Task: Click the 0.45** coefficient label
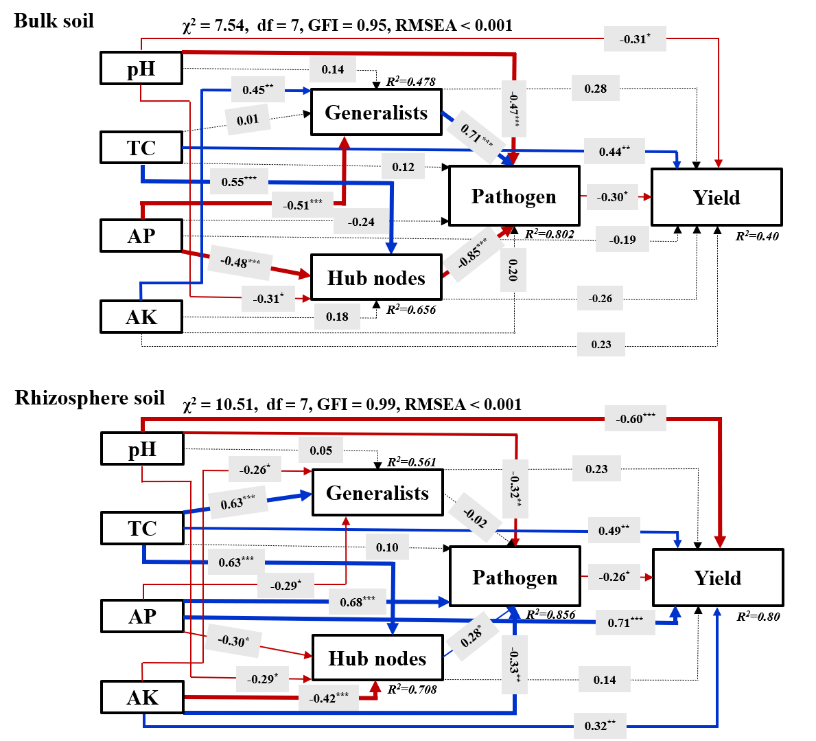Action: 257,89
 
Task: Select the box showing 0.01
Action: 248,120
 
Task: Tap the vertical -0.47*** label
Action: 514,109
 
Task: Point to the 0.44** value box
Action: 614,151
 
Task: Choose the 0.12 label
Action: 404,167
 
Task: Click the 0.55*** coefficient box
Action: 239,181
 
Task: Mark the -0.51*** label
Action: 302,205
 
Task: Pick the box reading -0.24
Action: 361,222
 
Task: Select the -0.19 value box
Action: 622,240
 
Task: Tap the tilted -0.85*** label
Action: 474,254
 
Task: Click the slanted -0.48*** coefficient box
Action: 240,262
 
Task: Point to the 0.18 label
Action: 337,317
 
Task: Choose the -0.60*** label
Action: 635,418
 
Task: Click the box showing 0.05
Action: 320,451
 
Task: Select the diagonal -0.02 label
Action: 475,517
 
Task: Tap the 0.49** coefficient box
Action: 614,530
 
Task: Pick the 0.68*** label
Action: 358,602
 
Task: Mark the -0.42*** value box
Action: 329,698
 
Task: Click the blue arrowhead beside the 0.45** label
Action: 307,91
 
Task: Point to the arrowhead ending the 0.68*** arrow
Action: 445,602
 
